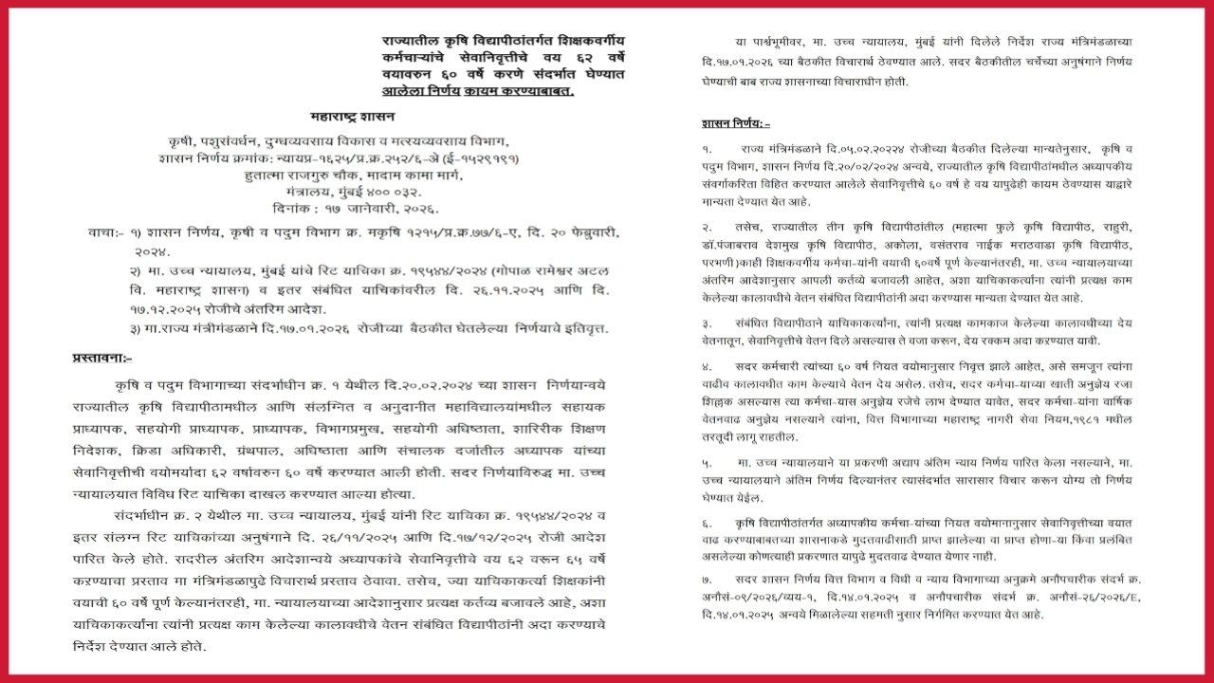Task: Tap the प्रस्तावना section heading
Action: click(102, 358)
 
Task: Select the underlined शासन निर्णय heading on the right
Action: click(736, 123)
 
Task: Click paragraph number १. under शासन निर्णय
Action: click(707, 150)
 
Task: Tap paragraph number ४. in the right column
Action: click(707, 365)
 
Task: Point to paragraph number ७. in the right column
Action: click(707, 578)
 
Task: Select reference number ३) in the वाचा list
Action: click(137, 328)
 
